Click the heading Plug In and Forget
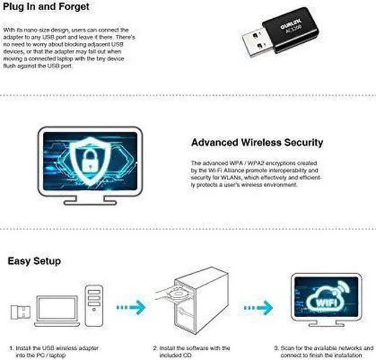pos(46,6)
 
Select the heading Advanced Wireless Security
pos(257,143)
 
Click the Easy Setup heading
pos(34,260)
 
